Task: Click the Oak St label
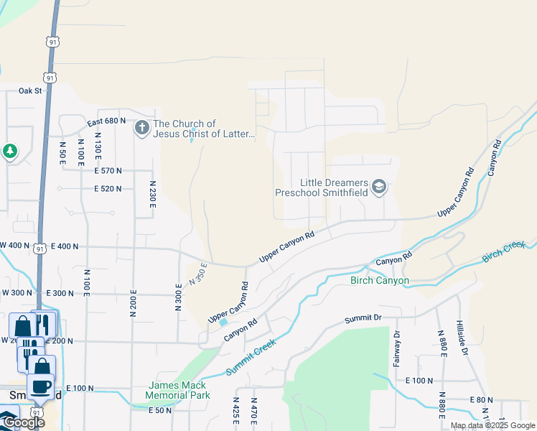click(31, 91)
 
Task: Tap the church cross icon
click(141, 129)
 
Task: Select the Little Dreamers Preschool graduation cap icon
click(379, 188)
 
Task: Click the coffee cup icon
click(41, 386)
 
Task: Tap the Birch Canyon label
click(379, 281)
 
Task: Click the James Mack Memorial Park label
click(177, 391)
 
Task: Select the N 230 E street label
click(152, 195)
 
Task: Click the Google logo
click(23, 422)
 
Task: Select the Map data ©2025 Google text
click(492, 425)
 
